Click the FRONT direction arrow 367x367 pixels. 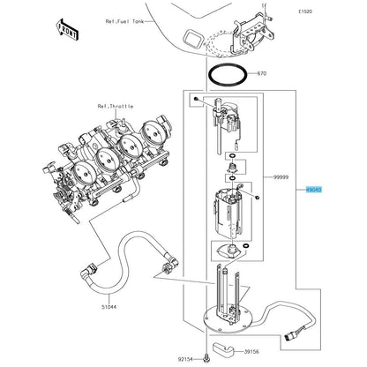click(x=67, y=29)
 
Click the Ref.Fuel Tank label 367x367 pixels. click(x=124, y=21)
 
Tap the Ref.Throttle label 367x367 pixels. click(x=116, y=106)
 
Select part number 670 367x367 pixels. click(x=261, y=73)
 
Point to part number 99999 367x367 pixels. click(x=281, y=177)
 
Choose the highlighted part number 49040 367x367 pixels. click(x=314, y=190)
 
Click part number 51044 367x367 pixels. click(x=109, y=307)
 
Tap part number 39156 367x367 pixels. click(x=251, y=352)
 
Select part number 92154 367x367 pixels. click(x=185, y=359)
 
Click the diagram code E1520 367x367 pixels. click(x=305, y=11)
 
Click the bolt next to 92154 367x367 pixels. click(x=206, y=359)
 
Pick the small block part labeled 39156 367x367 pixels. click(x=223, y=349)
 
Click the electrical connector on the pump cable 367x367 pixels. click(x=290, y=335)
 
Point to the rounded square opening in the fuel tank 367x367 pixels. click(x=192, y=39)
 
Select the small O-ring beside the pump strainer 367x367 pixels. click(x=245, y=246)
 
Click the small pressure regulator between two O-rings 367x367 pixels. click(x=231, y=168)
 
